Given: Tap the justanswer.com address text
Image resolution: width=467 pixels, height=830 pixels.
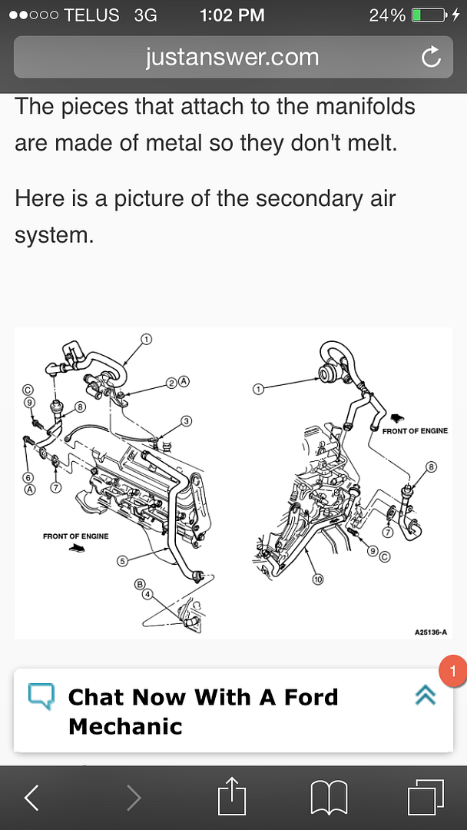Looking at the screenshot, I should click(x=232, y=57).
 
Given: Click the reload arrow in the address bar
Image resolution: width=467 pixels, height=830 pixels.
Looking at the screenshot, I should click(x=431, y=56).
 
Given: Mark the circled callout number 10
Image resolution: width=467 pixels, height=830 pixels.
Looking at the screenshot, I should click(x=318, y=579).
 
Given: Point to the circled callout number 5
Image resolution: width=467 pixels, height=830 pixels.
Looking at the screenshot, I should click(x=122, y=560).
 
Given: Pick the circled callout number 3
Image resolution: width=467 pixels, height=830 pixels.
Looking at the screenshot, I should click(x=186, y=420).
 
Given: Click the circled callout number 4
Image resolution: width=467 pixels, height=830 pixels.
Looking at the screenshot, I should click(x=147, y=594).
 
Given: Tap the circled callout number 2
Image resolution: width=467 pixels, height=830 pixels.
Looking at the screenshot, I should click(x=172, y=381).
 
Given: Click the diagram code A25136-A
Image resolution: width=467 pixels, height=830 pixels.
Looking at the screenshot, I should click(x=430, y=632).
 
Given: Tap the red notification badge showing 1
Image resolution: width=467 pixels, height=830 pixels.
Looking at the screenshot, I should click(x=452, y=671).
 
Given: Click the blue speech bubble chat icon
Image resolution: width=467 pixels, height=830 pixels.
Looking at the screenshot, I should click(x=41, y=696).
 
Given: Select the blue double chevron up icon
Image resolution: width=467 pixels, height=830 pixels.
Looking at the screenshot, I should click(x=425, y=695).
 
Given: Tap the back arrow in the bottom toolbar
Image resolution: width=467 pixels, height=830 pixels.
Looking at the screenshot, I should click(x=31, y=798).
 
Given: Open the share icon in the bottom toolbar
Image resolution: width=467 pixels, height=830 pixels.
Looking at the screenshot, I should click(x=231, y=797).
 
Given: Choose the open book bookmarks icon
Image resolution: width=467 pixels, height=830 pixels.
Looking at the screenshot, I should click(x=329, y=798).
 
